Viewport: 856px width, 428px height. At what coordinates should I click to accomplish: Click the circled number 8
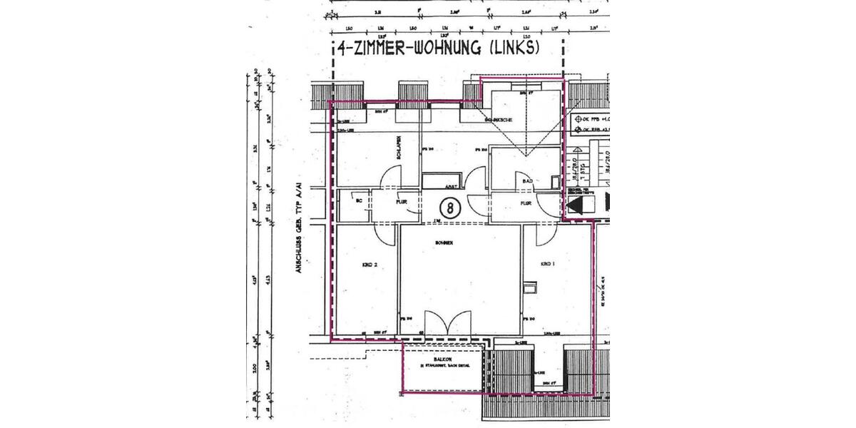[450, 208]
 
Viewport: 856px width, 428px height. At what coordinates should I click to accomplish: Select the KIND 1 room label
[548, 263]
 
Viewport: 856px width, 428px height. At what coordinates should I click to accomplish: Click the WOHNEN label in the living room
[445, 243]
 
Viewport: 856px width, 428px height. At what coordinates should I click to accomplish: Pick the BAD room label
[529, 181]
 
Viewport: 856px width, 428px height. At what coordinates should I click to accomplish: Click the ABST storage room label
[450, 185]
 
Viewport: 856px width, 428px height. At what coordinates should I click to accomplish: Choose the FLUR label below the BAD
[526, 203]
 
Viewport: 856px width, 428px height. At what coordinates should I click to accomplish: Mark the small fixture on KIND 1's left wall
[529, 287]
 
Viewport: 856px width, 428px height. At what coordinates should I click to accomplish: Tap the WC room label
[358, 202]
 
